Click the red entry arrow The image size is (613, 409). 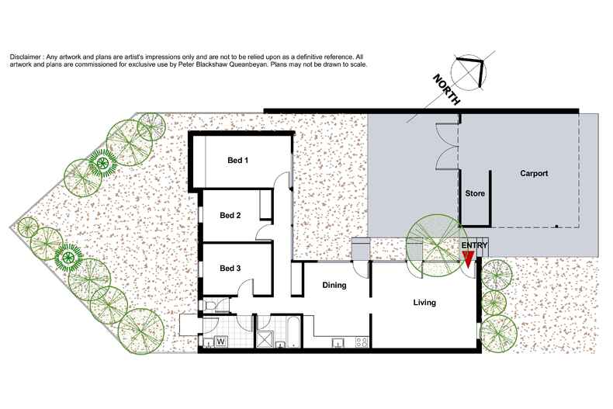point(468,260)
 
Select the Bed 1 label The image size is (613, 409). point(238,161)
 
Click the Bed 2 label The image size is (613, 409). point(230,215)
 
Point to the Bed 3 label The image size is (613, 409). point(230,269)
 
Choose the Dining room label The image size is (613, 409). point(334,286)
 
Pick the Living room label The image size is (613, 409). point(424,303)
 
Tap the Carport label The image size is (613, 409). point(535,174)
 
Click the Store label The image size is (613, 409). point(474,193)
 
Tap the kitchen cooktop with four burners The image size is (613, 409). point(361,341)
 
